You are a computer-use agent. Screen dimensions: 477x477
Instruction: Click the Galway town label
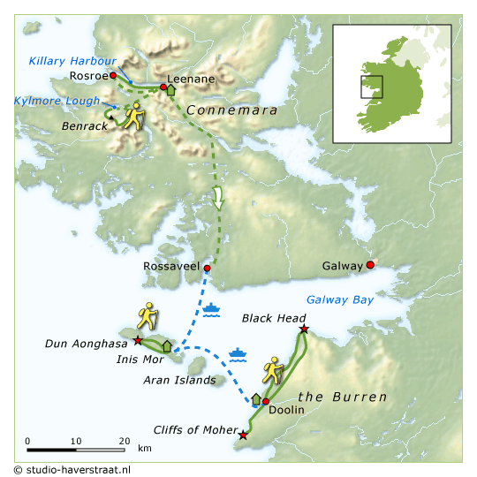click(343, 266)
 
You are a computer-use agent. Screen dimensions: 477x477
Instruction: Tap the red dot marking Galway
click(371, 264)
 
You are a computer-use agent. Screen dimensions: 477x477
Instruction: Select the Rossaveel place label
click(171, 266)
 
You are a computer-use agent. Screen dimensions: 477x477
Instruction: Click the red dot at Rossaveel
click(207, 268)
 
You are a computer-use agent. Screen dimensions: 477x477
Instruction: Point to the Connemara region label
click(233, 111)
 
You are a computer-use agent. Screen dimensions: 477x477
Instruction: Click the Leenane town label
click(191, 79)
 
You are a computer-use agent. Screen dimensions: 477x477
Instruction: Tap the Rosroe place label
click(87, 76)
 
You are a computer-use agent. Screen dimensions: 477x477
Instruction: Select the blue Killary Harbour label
click(72, 61)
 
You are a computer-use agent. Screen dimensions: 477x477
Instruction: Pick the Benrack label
click(85, 126)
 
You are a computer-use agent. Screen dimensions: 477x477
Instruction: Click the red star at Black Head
click(304, 329)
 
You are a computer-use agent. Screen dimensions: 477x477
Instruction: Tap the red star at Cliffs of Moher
click(243, 435)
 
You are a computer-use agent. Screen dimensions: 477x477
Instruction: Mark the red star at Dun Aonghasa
click(137, 340)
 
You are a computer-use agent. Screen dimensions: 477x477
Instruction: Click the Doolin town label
click(286, 411)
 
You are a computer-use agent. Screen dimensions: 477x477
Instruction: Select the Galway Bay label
click(340, 299)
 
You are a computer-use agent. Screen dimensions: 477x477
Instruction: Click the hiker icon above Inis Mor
click(148, 317)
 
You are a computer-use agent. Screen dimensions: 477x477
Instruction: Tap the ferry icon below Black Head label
click(238, 355)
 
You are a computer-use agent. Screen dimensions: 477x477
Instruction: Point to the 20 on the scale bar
click(123, 441)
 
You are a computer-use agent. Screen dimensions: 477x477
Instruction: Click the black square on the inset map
click(372, 87)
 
